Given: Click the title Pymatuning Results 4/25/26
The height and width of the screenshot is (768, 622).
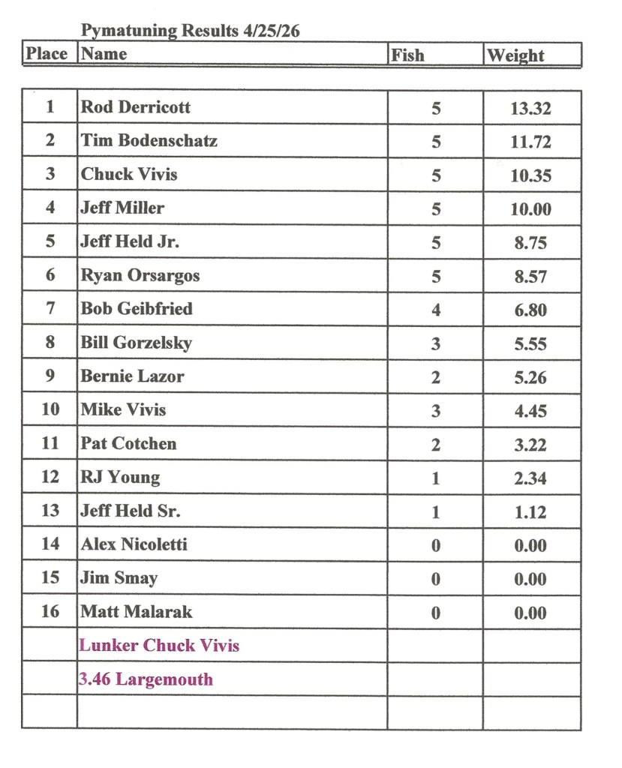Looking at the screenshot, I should click(x=191, y=31).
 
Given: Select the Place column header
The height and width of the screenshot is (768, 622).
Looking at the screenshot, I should click(x=47, y=54).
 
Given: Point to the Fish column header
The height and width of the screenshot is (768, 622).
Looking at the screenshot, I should click(x=407, y=55).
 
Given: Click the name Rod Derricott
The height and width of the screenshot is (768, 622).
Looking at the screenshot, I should click(x=135, y=107).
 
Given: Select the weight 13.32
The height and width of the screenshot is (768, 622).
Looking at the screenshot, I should click(x=530, y=109).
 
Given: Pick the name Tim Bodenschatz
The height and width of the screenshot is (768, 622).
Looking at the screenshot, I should click(x=149, y=141).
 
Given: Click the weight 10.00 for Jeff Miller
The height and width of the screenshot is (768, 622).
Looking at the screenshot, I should click(x=530, y=209).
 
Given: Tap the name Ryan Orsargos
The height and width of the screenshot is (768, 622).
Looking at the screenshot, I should click(x=140, y=275).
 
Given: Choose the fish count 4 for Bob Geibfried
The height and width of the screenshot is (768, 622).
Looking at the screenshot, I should click(x=436, y=310).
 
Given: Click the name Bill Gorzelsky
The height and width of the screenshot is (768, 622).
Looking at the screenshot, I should click(x=137, y=343).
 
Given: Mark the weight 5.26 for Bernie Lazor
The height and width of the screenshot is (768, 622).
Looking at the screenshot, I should click(x=530, y=377).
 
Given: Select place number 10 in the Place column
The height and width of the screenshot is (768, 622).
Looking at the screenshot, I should click(x=50, y=409).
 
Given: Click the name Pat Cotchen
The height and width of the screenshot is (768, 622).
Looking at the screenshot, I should click(x=128, y=443).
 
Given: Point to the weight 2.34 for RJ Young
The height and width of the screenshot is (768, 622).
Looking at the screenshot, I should click(x=530, y=478).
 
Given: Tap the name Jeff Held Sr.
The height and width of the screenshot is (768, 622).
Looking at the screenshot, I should click(x=131, y=511).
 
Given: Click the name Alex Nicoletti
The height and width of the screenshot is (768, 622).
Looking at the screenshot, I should click(x=134, y=544).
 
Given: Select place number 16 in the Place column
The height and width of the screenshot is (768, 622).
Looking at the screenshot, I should click(x=50, y=611).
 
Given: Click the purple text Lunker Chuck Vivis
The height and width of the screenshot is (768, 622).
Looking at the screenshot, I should click(x=159, y=646).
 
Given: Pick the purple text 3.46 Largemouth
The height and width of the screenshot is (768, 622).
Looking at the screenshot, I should click(x=146, y=679).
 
